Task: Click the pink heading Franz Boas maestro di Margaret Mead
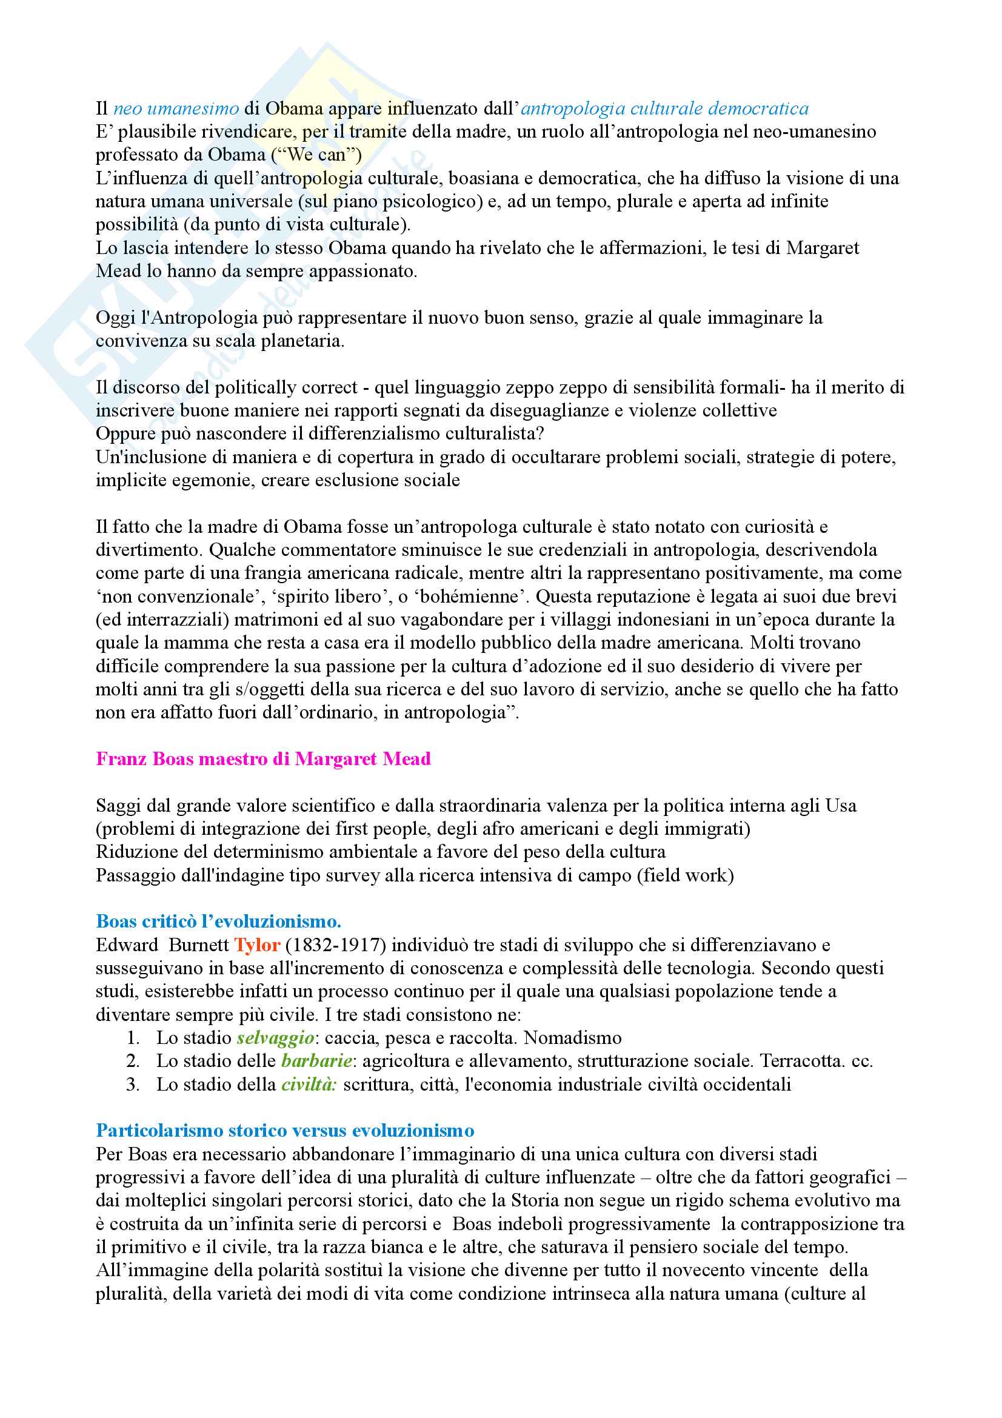pyautogui.click(x=263, y=758)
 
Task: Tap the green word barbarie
pyautogui.click(x=316, y=1061)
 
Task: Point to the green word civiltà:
pyautogui.click(x=309, y=1085)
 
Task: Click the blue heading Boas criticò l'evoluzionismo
pyautogui.click(x=219, y=921)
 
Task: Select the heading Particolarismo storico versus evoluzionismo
pyautogui.click(x=286, y=1130)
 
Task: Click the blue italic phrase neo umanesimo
pyautogui.click(x=176, y=109)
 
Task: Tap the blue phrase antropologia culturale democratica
pyautogui.click(x=664, y=109)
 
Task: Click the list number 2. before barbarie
pyautogui.click(x=133, y=1061)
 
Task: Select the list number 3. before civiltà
pyautogui.click(x=133, y=1085)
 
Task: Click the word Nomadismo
pyautogui.click(x=572, y=1037)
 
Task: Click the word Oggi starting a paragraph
pyautogui.click(x=116, y=318)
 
